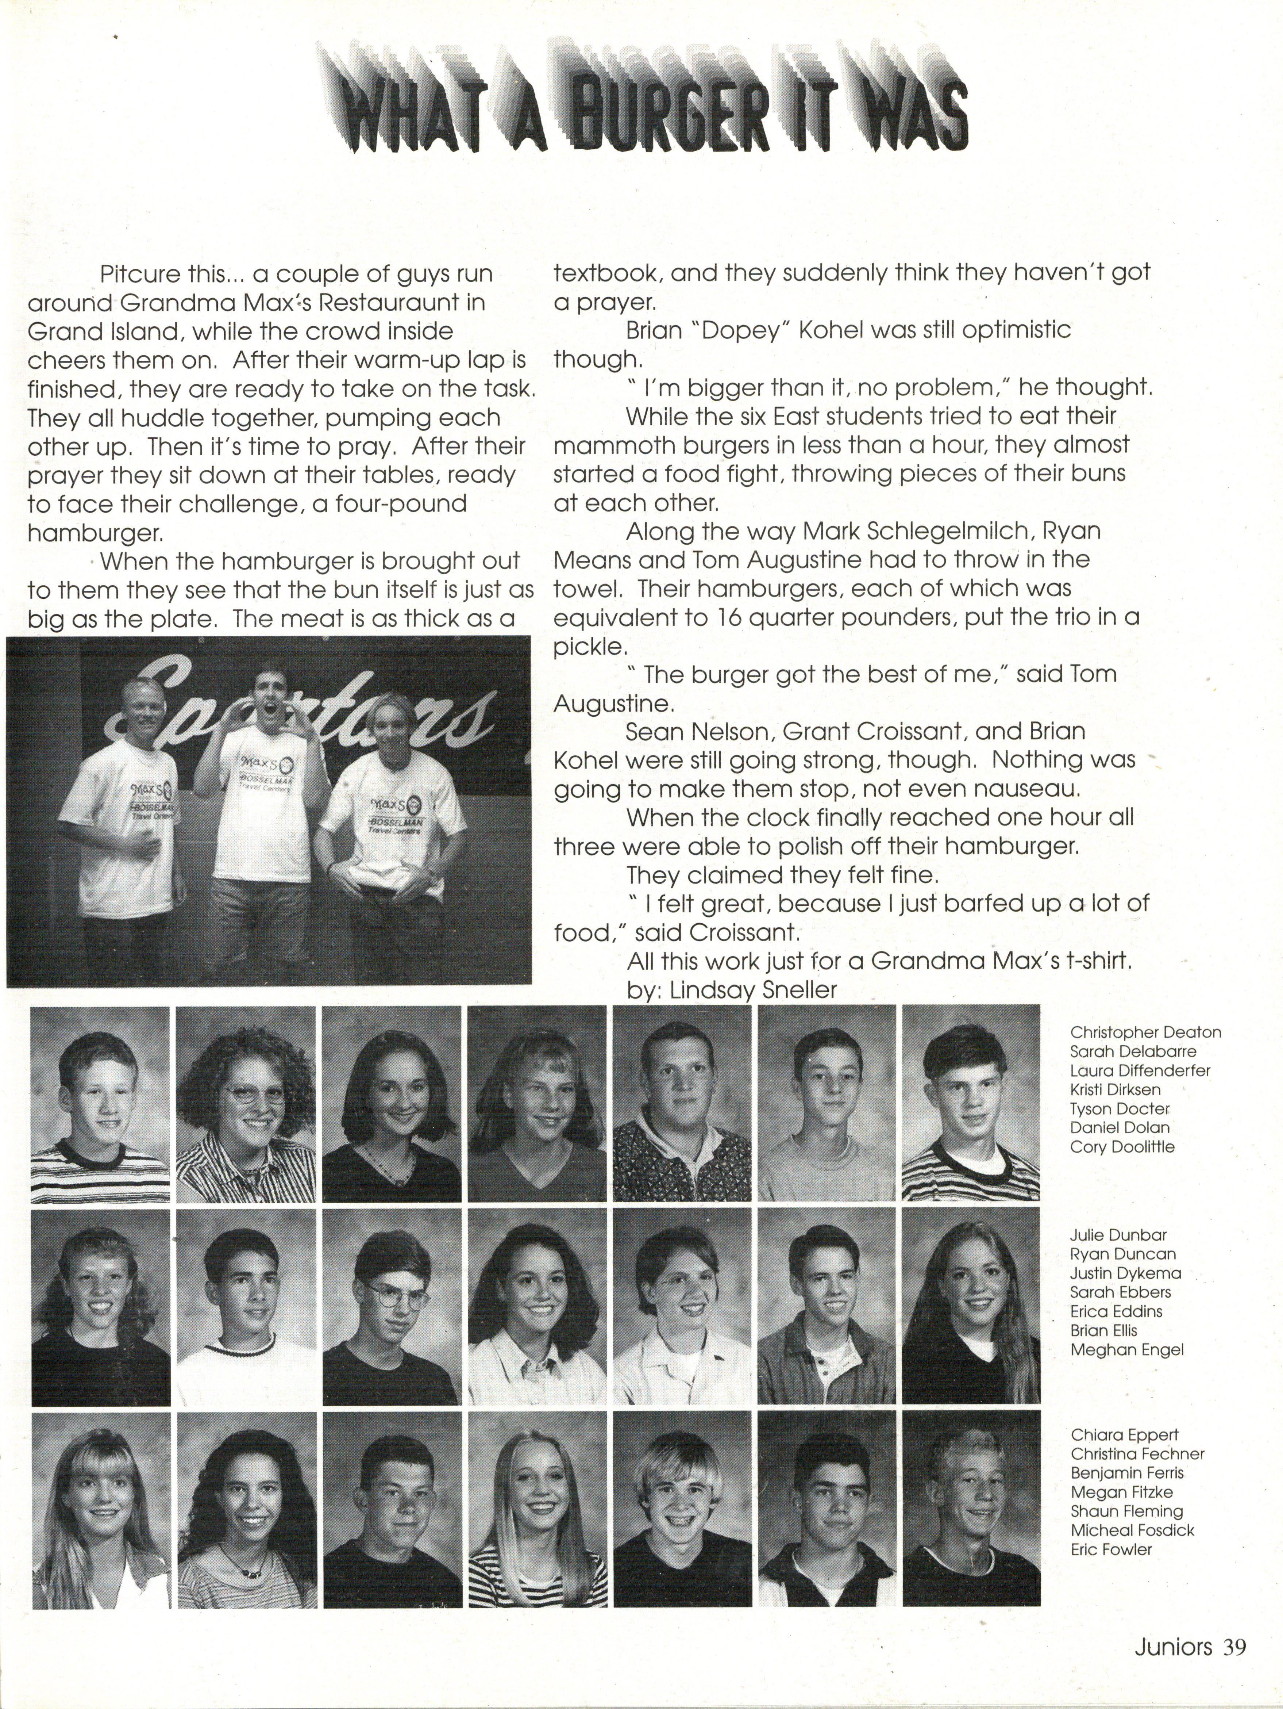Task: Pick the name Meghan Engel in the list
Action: (1126, 1350)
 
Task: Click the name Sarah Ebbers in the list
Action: (1120, 1292)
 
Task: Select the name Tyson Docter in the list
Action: (1119, 1109)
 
